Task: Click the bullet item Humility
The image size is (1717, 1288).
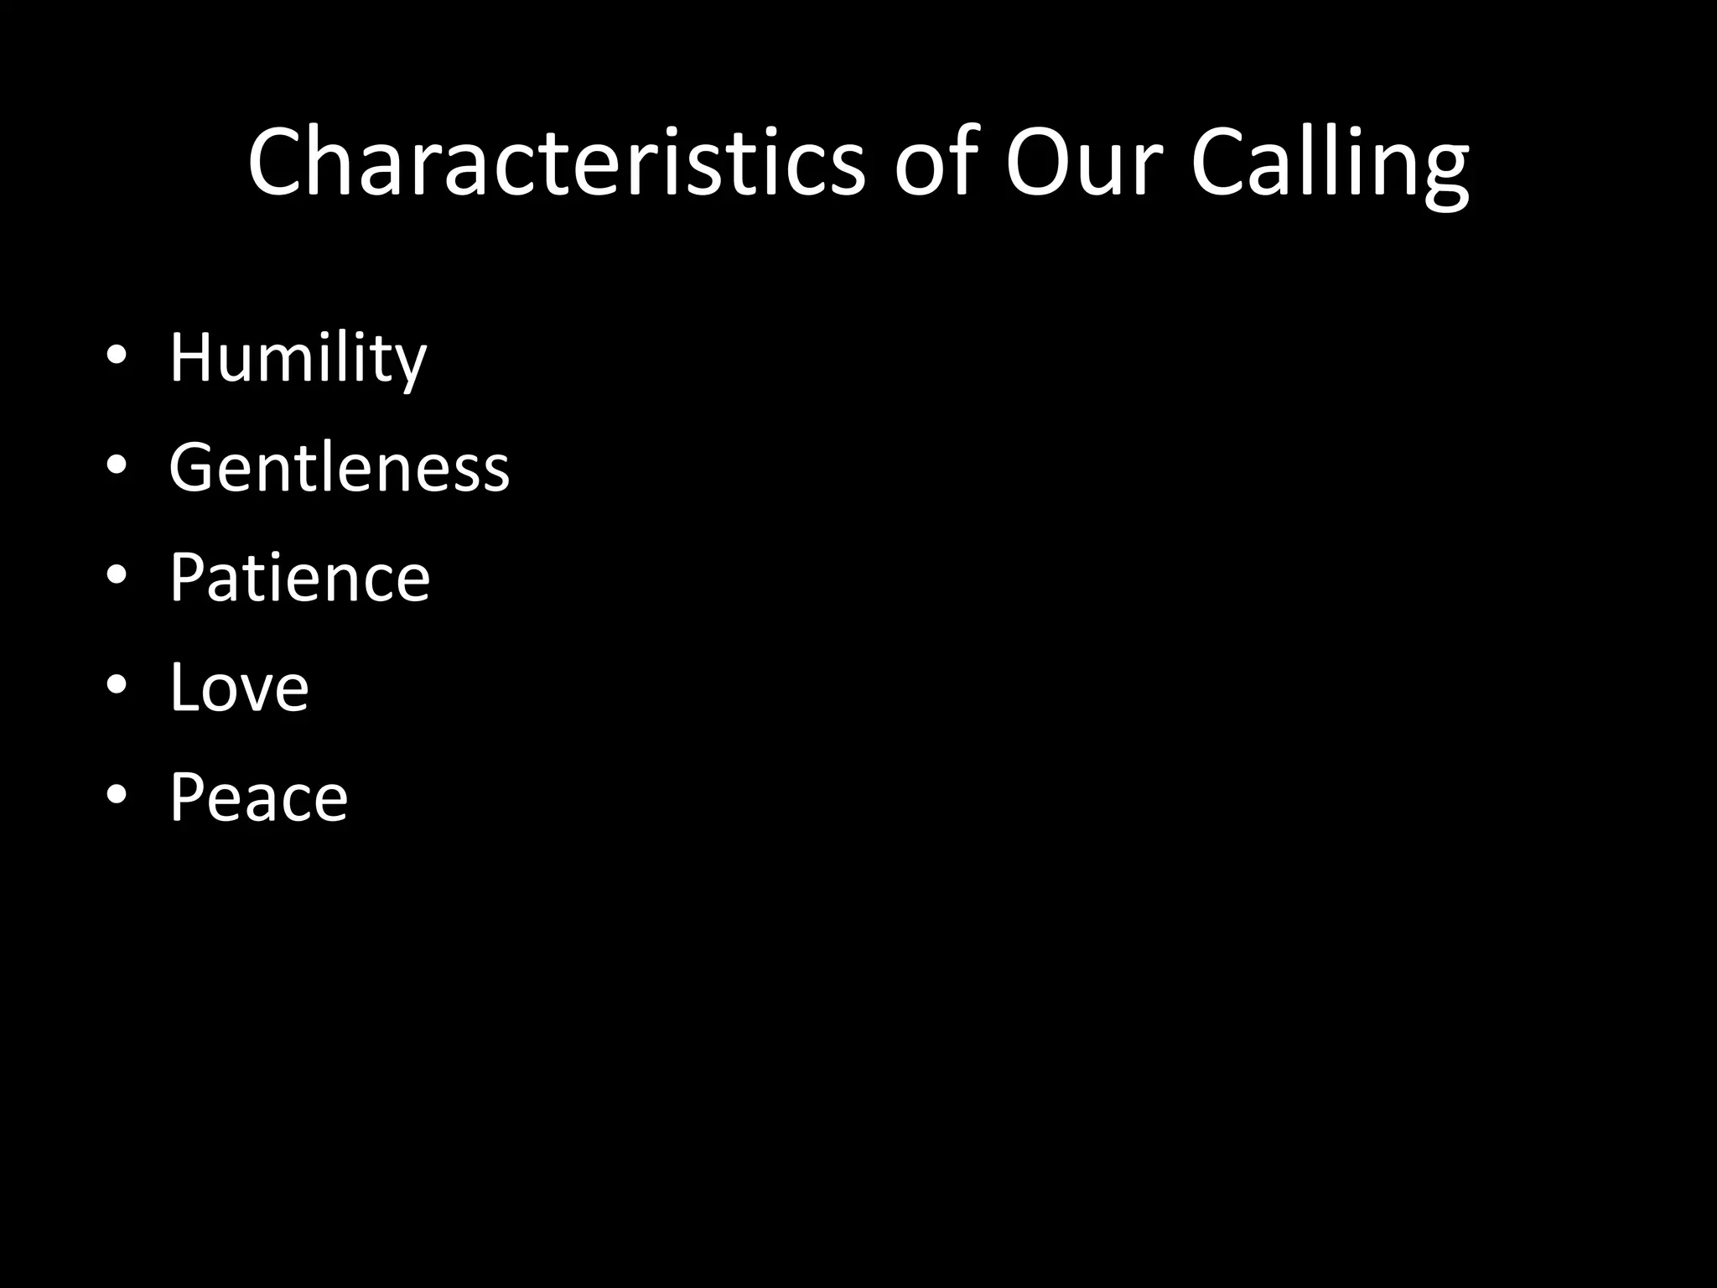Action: pos(298,358)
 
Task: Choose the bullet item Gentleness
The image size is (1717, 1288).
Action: pos(339,467)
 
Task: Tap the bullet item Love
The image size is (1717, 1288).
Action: pos(239,688)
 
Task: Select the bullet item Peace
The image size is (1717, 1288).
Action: pos(258,797)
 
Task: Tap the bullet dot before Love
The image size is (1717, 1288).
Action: pos(117,684)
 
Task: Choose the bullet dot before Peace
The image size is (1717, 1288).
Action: pos(117,794)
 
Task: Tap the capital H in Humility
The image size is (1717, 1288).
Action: pos(194,358)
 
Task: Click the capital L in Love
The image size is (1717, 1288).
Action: pos(185,688)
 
